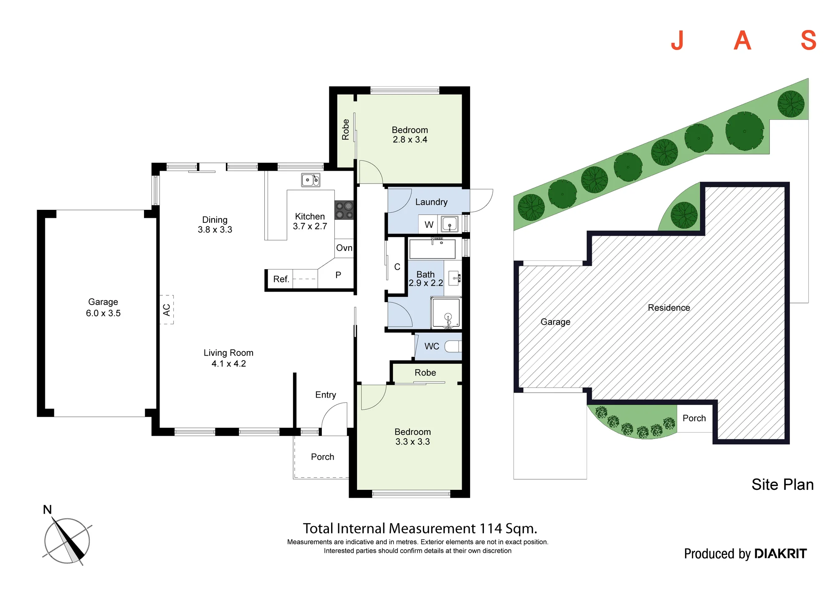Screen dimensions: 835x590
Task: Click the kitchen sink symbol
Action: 311,180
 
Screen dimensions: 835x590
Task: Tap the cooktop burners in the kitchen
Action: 344,210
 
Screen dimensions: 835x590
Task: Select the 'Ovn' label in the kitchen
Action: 344,248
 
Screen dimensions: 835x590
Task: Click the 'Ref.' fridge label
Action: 281,279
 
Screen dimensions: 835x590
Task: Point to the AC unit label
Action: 167,310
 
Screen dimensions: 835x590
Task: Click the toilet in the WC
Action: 453,346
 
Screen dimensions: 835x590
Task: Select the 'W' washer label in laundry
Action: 429,225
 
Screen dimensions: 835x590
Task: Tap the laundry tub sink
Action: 450,224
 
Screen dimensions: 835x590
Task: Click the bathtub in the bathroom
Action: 433,249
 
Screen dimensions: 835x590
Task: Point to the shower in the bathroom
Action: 446,313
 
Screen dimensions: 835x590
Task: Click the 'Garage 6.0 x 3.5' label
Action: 103,308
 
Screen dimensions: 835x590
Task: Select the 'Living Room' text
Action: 228,353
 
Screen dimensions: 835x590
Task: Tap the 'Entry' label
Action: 326,395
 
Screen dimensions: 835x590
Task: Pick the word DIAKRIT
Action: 781,554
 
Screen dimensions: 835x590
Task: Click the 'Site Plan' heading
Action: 783,484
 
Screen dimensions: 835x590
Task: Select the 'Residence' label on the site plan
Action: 669,308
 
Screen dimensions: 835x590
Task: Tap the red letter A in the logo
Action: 742,40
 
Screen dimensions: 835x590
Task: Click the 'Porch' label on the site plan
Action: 694,418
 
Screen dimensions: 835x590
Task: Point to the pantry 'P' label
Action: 338,275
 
